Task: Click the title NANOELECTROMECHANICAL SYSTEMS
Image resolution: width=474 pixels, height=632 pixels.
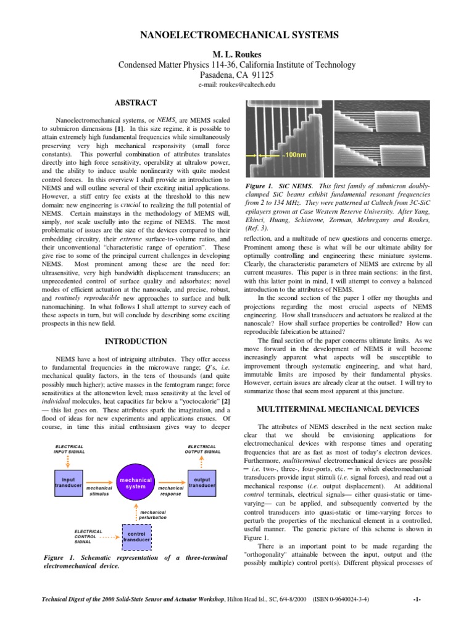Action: coord(237,36)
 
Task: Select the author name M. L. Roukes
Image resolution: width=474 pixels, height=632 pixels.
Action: coord(237,54)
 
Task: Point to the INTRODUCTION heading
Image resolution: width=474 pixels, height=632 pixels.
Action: coord(136,341)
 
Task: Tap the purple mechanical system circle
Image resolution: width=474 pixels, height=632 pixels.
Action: coord(136,483)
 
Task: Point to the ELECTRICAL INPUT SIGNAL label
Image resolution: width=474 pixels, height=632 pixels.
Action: coord(69,449)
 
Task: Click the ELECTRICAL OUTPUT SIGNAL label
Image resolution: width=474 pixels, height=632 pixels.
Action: coord(202,449)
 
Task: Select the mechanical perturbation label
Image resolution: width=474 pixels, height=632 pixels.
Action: coord(153,514)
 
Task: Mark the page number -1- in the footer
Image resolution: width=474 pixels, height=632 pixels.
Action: coord(418,599)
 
